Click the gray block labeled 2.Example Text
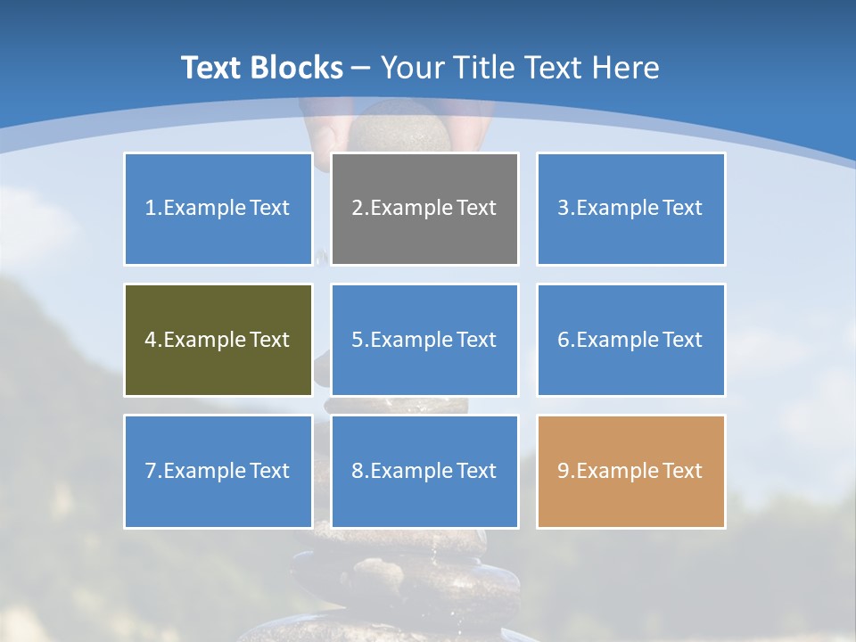424,209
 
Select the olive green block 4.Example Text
218,340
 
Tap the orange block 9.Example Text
630,471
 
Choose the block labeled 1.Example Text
218,209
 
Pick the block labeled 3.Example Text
630,209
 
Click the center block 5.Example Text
424,340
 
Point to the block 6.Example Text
630,340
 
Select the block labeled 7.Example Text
218,471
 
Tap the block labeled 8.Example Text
424,471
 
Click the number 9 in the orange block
563,471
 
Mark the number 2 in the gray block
357,209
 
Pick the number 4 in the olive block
151,340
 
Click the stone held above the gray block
399,128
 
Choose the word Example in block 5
409,340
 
